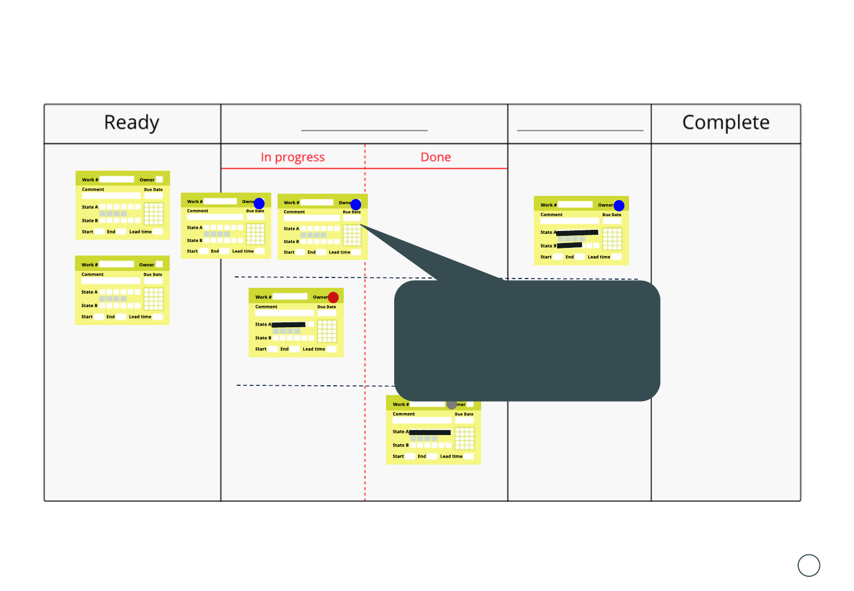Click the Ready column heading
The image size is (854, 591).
131,123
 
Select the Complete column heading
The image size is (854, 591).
725,123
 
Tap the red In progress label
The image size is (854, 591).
292,158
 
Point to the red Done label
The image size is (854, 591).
436,158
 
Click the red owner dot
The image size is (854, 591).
333,297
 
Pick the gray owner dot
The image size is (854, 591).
452,404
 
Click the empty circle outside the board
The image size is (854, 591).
809,565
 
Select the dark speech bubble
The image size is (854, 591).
527,340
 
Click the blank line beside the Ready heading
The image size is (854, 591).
364,130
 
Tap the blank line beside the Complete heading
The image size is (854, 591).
580,130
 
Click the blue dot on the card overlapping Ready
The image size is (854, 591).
259,204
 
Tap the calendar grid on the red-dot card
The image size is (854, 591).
327,331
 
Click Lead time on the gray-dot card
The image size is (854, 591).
451,456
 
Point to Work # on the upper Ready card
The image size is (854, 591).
90,180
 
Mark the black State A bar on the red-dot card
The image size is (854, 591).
288,325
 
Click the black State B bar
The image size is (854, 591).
569,245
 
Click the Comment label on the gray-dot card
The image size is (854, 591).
403,414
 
